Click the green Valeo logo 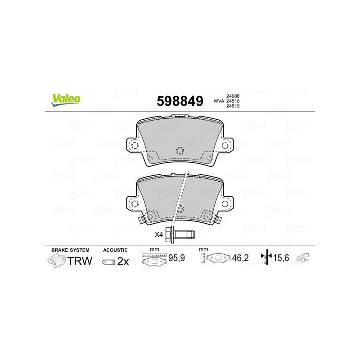click(66, 100)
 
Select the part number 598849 click(180, 101)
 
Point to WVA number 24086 click(233, 96)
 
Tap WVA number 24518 click(233, 101)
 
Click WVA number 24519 click(233, 106)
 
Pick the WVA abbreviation click(219, 101)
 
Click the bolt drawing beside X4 click(180, 234)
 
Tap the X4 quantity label click(159, 234)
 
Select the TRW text click(80, 261)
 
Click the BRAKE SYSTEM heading click(70, 250)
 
